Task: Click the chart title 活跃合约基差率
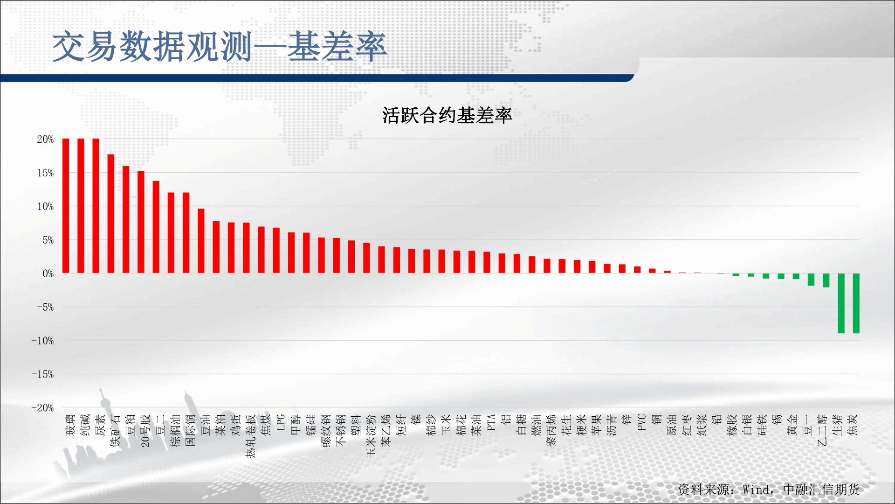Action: click(x=447, y=115)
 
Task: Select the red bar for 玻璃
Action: click(x=66, y=206)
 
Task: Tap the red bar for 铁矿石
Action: click(x=111, y=214)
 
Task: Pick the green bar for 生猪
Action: click(x=841, y=303)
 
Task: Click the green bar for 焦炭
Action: click(x=856, y=303)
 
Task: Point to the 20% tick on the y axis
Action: click(x=45, y=139)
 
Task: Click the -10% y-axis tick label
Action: click(x=42, y=341)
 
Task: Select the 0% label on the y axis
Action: click(x=48, y=273)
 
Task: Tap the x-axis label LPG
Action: click(x=281, y=422)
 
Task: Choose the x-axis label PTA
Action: click(x=491, y=422)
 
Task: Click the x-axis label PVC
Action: click(x=641, y=422)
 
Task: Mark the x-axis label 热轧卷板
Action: click(x=251, y=436)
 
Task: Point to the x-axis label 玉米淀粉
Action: click(x=371, y=436)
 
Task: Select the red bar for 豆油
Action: click(x=201, y=241)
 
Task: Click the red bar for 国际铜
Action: click(x=186, y=233)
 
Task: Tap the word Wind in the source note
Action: click(x=755, y=490)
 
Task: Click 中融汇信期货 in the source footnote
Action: click(x=821, y=490)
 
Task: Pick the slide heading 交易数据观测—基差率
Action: click(x=220, y=47)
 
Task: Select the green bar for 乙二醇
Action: click(x=826, y=280)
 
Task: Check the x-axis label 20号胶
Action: click(x=145, y=431)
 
